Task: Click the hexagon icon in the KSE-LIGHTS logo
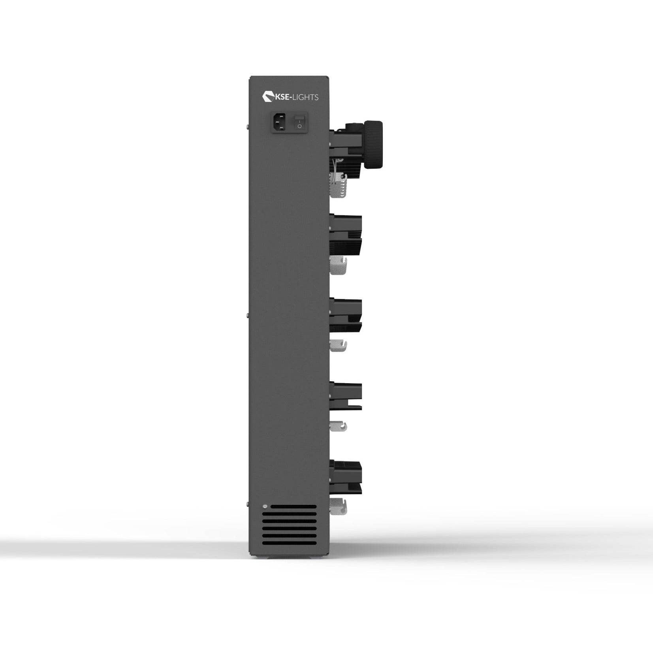[267, 97]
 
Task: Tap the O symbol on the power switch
[299, 126]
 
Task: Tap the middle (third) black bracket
[346, 315]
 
